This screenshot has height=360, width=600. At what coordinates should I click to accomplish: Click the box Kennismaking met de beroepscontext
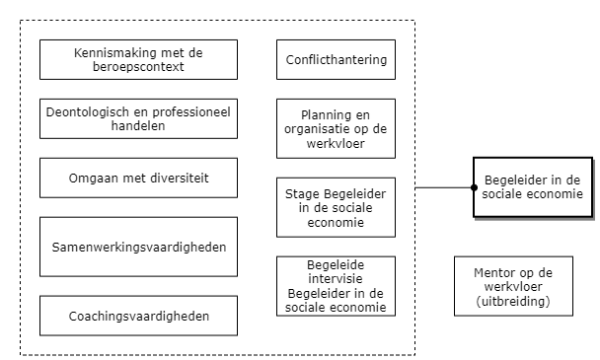(x=138, y=59)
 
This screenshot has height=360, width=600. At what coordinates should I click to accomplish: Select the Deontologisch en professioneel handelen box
(x=138, y=118)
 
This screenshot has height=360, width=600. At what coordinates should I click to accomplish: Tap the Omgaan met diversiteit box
(x=138, y=178)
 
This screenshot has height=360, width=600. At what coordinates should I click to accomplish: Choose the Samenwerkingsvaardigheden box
(x=138, y=246)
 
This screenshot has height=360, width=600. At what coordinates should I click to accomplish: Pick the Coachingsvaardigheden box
(x=138, y=316)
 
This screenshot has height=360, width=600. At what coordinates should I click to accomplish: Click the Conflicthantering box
(x=336, y=59)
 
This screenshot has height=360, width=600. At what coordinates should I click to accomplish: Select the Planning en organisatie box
(x=336, y=127)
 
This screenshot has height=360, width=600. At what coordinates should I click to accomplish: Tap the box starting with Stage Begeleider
(x=336, y=206)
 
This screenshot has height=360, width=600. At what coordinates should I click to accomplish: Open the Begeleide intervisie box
(x=336, y=285)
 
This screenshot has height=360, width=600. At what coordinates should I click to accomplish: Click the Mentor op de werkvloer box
(x=513, y=285)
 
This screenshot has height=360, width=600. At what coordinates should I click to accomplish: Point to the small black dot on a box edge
(x=475, y=186)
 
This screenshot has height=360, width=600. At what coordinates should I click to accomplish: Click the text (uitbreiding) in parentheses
(x=513, y=300)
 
